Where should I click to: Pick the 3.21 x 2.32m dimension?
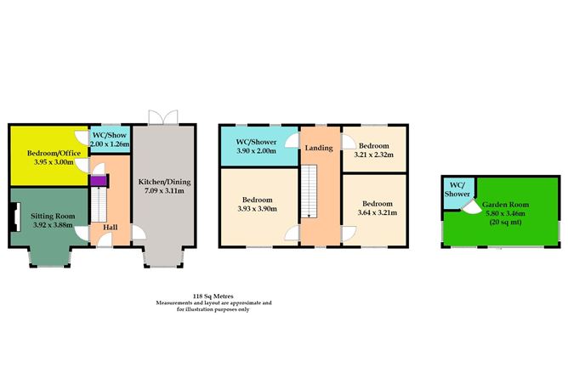coord(372,154)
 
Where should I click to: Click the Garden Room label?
coord(502,206)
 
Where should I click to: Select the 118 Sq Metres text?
coord(213,296)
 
